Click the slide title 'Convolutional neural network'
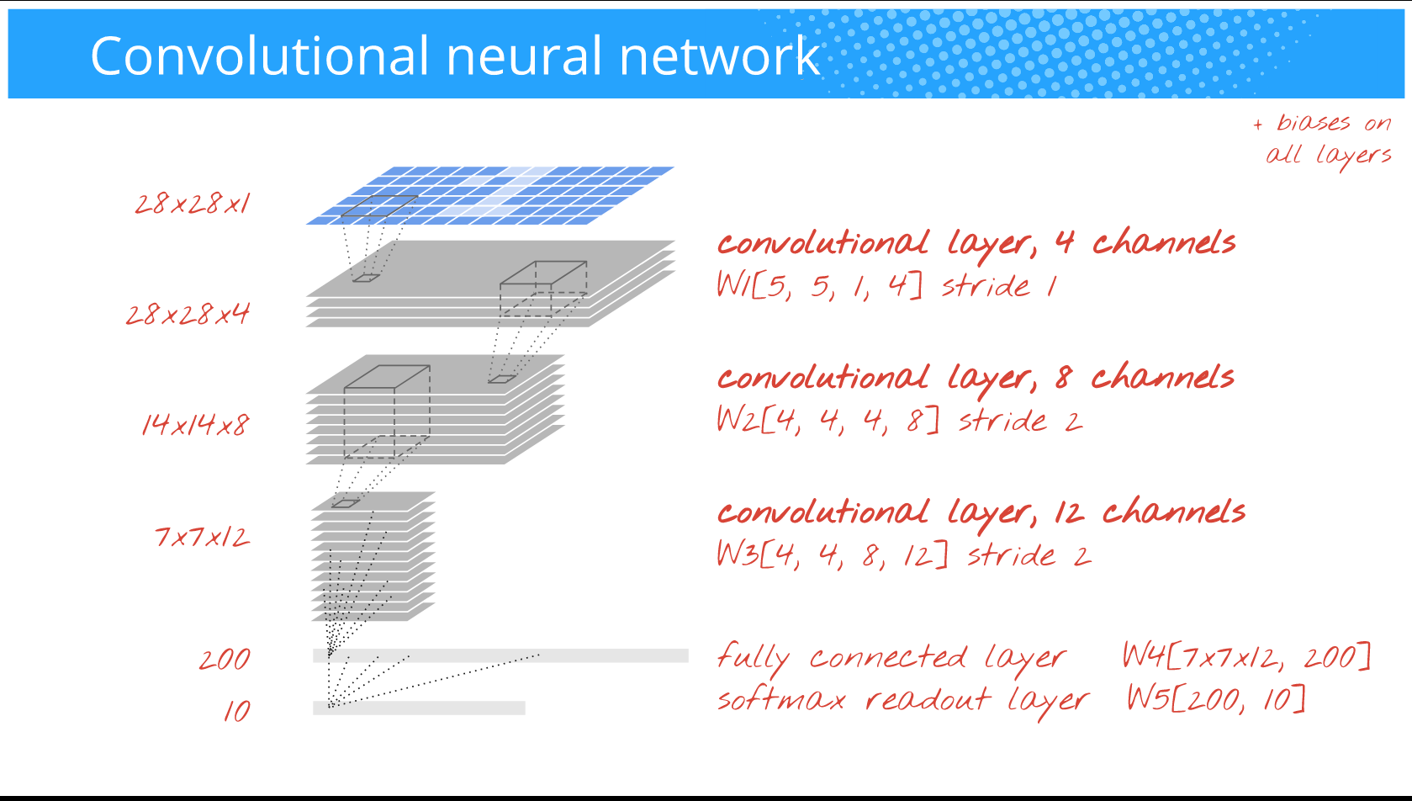[x=454, y=56]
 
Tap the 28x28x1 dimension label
[x=193, y=204]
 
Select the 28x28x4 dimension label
[x=188, y=315]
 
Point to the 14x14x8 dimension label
[x=195, y=425]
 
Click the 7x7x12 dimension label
[x=202, y=537]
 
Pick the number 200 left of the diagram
[x=225, y=660]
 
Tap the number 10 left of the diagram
[x=237, y=711]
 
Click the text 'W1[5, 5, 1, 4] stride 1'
[x=886, y=286]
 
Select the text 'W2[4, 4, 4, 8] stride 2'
[x=899, y=420]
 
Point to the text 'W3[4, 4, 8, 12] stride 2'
[x=903, y=555]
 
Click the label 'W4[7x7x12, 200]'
[x=1246, y=656]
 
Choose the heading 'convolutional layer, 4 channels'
[x=976, y=243]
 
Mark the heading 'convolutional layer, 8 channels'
[x=976, y=378]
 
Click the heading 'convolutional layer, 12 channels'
[x=981, y=512]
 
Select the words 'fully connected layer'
[x=891, y=658]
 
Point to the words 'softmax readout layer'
[x=902, y=700]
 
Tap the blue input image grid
[x=489, y=195]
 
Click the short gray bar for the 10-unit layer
[x=419, y=708]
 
